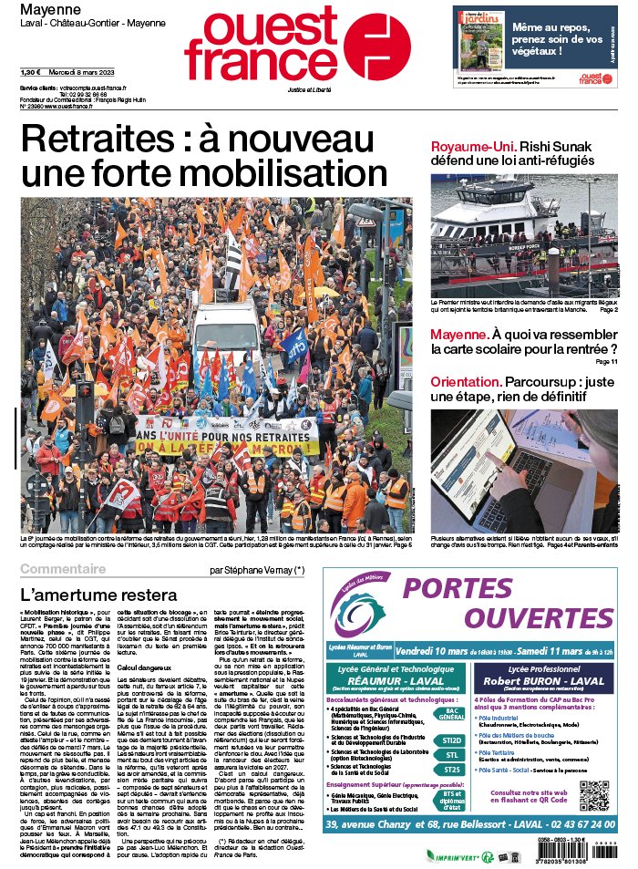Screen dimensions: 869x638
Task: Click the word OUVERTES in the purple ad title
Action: [x=550, y=616]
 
